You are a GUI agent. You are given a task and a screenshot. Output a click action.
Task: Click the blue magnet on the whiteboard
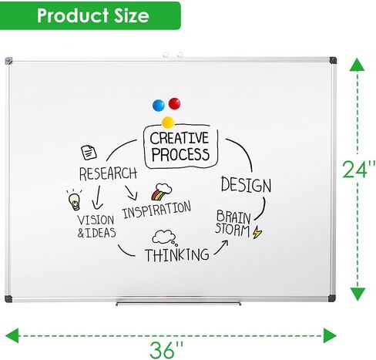(x=159, y=105)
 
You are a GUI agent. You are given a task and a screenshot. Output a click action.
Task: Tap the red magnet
(x=174, y=103)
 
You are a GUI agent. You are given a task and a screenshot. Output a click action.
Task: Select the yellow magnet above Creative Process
(x=168, y=123)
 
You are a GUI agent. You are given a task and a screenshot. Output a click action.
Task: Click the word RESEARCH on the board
(x=108, y=173)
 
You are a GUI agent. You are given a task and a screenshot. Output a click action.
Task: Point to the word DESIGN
(x=246, y=184)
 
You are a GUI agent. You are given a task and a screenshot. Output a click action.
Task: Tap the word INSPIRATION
(x=156, y=210)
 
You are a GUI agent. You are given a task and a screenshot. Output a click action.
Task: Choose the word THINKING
(x=177, y=255)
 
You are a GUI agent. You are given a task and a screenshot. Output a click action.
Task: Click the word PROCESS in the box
(x=180, y=154)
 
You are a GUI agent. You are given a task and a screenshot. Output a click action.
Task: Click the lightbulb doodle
(x=74, y=200)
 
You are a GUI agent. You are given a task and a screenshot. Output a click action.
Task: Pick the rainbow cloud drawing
(x=161, y=192)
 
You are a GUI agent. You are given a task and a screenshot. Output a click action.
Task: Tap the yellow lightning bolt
(x=257, y=232)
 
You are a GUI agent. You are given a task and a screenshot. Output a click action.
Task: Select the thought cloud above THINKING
(x=164, y=237)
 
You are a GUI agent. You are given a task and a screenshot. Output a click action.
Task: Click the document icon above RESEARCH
(x=89, y=153)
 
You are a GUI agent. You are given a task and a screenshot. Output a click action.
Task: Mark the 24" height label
(x=359, y=170)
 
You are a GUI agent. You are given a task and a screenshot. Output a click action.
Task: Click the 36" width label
(x=166, y=350)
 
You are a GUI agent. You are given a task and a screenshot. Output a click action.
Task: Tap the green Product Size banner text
(x=93, y=15)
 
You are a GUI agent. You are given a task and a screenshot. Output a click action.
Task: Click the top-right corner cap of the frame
(x=333, y=61)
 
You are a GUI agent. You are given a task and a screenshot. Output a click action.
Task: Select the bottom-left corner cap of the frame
(x=8, y=299)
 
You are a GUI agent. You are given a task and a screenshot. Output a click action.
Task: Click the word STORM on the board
(x=232, y=230)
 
